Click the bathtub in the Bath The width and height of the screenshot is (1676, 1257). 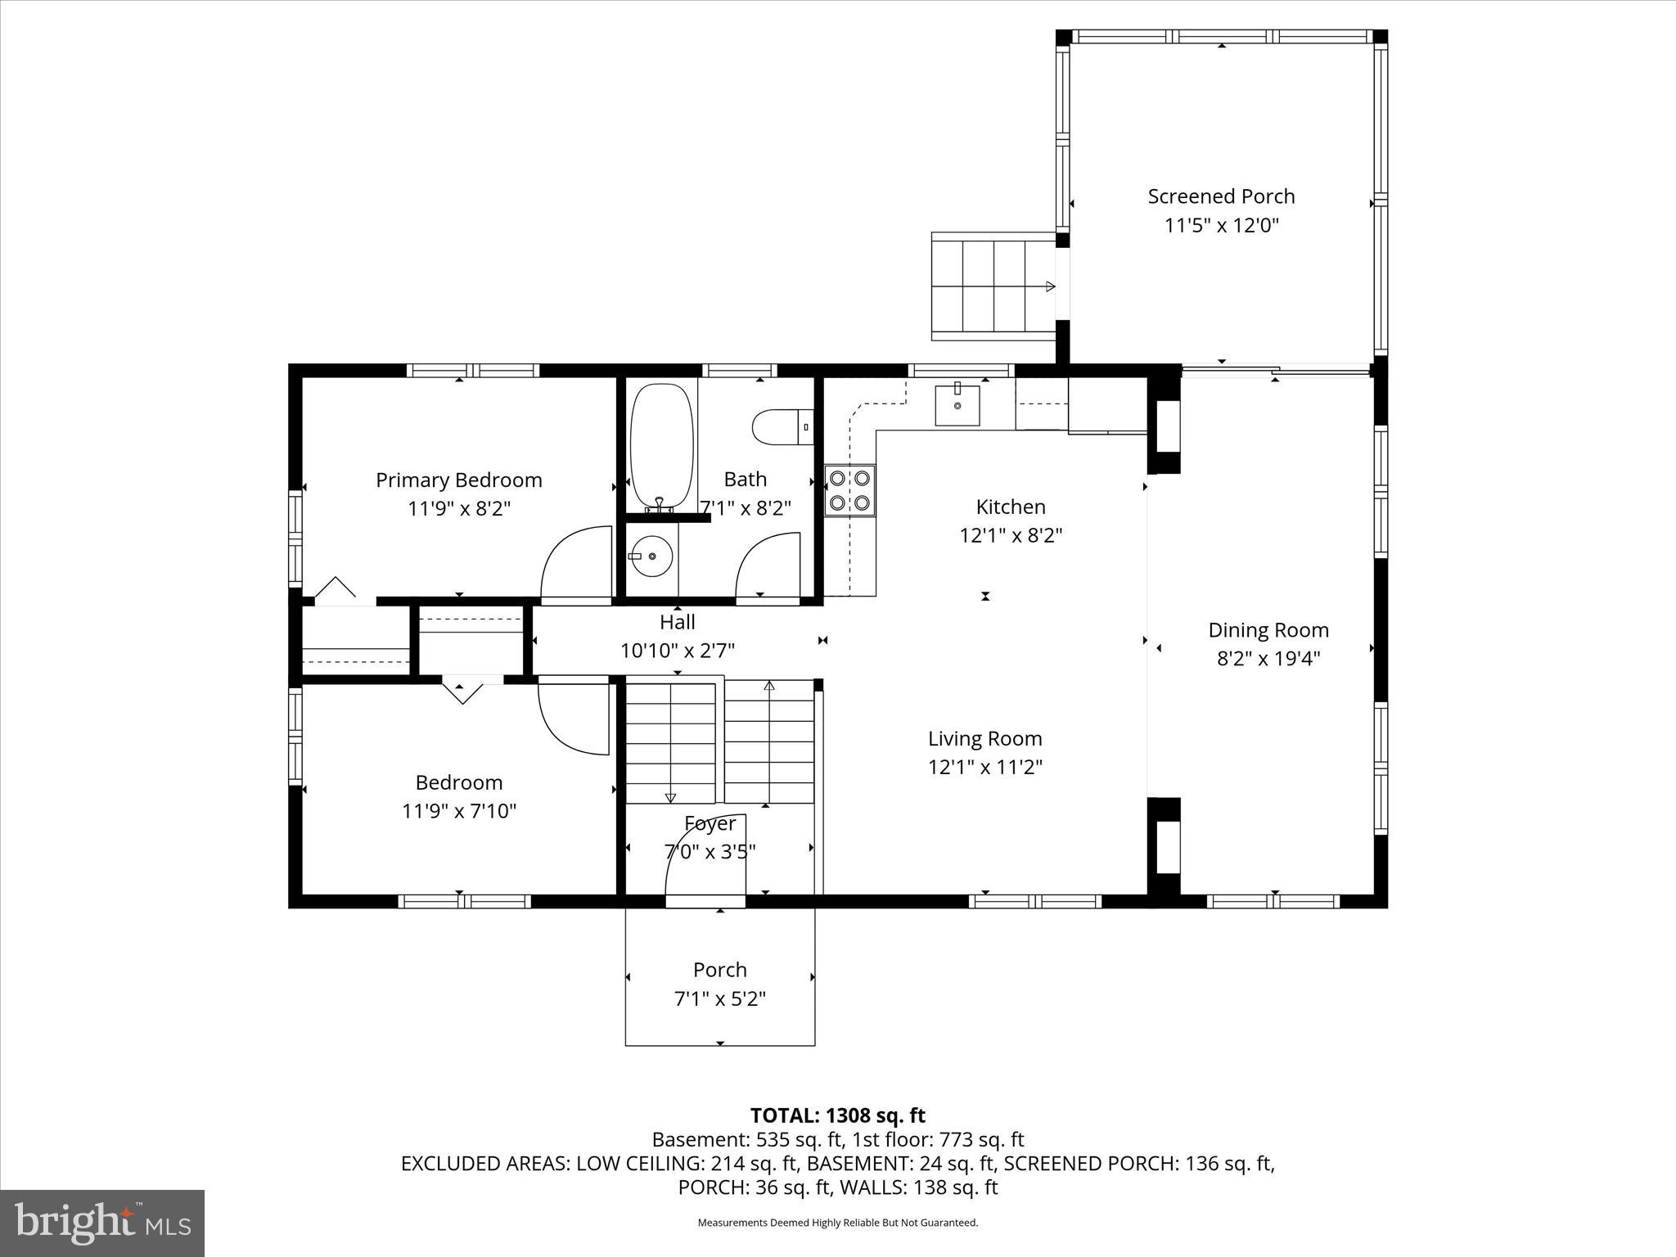(x=661, y=447)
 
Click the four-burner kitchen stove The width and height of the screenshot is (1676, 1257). (x=849, y=489)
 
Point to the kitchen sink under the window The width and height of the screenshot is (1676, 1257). (x=957, y=405)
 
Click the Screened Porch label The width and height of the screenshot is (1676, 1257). (x=1221, y=196)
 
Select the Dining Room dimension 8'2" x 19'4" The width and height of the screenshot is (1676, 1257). (x=1268, y=659)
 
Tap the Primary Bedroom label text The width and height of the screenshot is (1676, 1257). (x=458, y=480)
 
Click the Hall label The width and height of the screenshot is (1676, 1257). (x=678, y=622)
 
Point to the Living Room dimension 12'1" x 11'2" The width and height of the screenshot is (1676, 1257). (x=984, y=768)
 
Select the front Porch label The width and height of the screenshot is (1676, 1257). (x=719, y=970)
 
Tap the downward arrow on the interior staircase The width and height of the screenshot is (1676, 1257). (x=670, y=796)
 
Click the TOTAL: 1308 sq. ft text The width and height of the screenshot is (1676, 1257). (x=837, y=1115)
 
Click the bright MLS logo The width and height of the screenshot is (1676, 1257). (x=102, y=1223)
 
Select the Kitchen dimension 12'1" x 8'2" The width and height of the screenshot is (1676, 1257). (x=1011, y=536)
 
